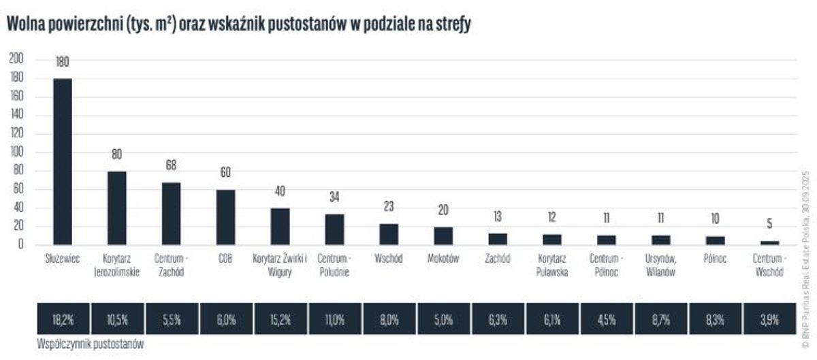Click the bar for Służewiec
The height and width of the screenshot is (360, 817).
coord(63,161)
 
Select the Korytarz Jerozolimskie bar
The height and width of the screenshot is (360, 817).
coord(116,208)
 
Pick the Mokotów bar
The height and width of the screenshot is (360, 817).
coord(443,235)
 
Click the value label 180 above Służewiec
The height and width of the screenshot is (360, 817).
coord(63,63)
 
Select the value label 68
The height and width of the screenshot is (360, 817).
coord(171,165)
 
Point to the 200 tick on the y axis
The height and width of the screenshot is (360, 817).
coord(16,59)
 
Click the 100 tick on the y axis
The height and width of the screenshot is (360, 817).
coord(16,152)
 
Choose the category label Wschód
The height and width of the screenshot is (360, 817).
coord(389,259)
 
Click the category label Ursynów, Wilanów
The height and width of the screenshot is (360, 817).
coord(660,265)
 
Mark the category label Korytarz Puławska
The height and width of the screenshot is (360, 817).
coord(552,265)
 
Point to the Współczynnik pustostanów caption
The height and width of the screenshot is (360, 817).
coord(90,345)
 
